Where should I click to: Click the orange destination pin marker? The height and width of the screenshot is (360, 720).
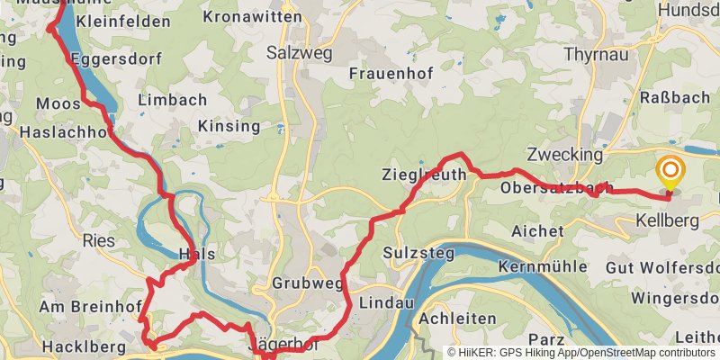point(670,172)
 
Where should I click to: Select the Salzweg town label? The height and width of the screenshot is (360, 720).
point(299,53)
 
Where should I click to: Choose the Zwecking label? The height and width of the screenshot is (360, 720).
point(565,154)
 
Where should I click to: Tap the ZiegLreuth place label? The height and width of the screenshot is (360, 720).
point(424,174)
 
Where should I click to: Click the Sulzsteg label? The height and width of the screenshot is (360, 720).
point(415,252)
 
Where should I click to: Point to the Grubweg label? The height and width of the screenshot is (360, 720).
point(309,283)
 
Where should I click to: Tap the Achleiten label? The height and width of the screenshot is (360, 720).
point(458,319)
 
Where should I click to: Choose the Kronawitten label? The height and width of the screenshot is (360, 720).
point(240,17)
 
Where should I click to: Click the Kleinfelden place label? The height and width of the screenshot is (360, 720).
point(123,21)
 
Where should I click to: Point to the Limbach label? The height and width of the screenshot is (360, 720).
point(174,100)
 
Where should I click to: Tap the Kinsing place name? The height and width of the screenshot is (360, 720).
point(229,125)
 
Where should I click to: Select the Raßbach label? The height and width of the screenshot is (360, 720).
point(669,96)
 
